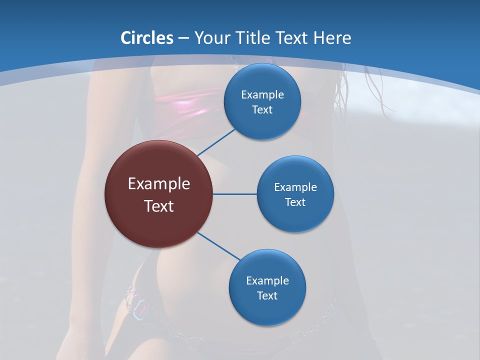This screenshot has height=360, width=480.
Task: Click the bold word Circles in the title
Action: tap(146, 38)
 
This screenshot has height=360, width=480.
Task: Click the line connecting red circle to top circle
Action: tap(216, 142)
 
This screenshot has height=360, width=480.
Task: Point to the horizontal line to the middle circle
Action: tap(234, 194)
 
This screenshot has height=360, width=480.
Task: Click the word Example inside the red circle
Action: tap(159, 184)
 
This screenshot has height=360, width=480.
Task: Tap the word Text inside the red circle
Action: tap(159, 206)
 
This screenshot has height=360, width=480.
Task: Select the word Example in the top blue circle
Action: tap(262, 95)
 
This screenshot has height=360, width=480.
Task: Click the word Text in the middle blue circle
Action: tap(295, 202)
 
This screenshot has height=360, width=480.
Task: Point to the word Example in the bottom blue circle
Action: tap(267, 280)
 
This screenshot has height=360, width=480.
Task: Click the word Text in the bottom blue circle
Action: tap(267, 295)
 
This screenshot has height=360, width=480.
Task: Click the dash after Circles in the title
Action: tap(183, 38)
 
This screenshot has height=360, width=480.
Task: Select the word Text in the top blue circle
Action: tap(262, 110)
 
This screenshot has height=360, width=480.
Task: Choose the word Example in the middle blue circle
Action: tap(295, 187)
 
